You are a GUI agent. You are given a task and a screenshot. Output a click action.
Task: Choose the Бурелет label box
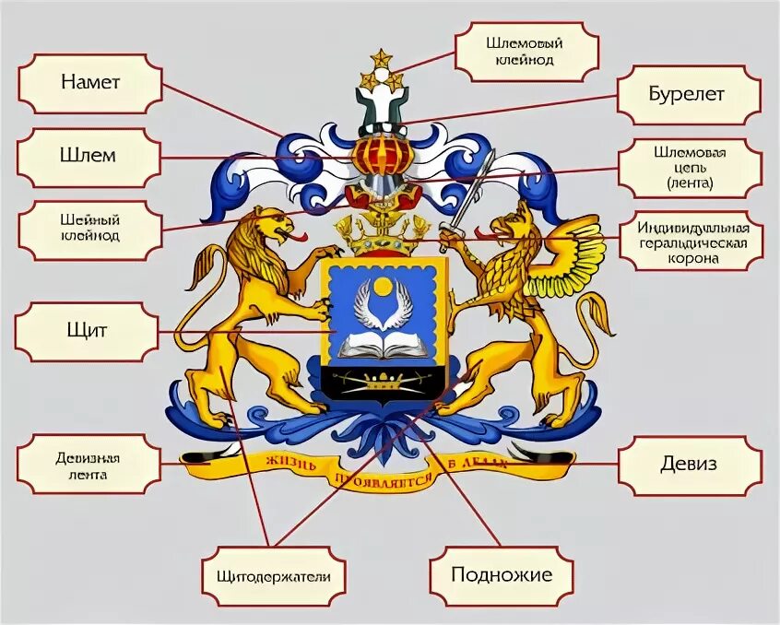pyautogui.click(x=690, y=95)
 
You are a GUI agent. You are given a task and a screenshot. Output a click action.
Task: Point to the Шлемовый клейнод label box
pyautogui.click(x=527, y=51)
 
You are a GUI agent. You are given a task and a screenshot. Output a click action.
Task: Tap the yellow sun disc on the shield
pyautogui.click(x=384, y=288)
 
